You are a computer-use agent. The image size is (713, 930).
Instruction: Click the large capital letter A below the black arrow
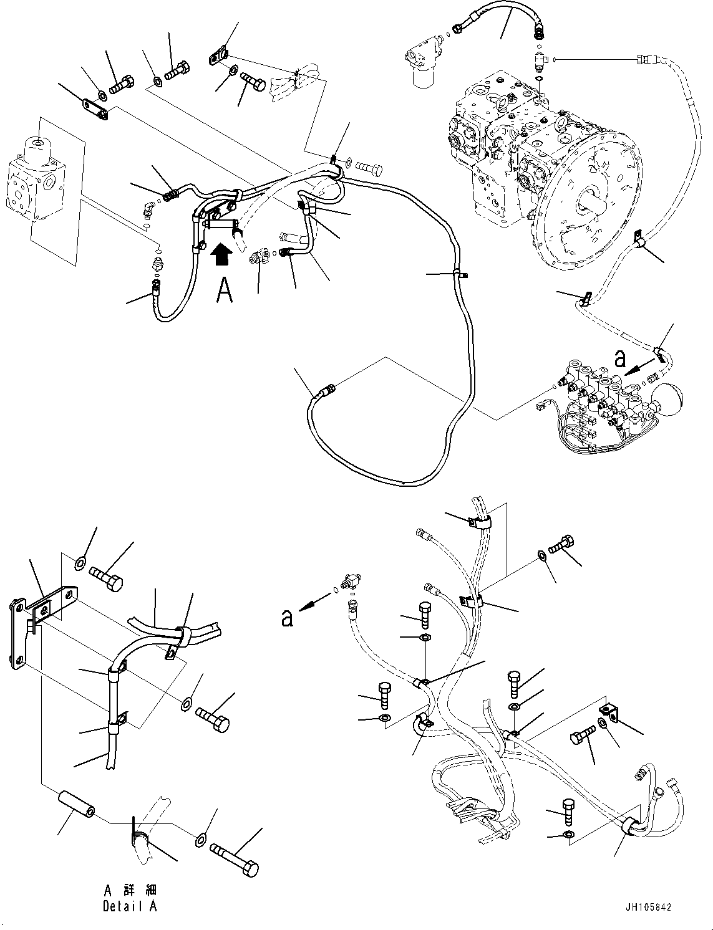click(225, 290)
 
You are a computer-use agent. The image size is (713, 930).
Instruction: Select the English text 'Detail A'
click(130, 906)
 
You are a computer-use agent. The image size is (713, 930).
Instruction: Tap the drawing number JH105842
click(649, 908)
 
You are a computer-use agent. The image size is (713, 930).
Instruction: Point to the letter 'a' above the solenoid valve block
click(619, 360)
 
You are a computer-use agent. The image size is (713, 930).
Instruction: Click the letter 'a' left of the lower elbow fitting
click(287, 618)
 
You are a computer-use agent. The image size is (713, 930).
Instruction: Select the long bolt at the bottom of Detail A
click(235, 860)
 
